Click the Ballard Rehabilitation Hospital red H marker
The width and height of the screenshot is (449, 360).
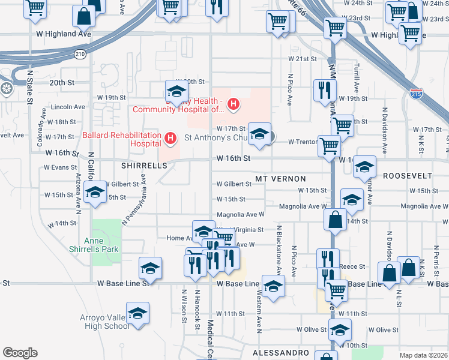click(x=170, y=139)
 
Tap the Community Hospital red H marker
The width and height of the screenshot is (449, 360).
click(x=233, y=105)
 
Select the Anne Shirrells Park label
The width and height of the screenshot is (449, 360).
click(x=101, y=244)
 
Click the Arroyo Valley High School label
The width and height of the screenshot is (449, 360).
click(x=105, y=322)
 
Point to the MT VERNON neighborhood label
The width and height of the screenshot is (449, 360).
click(x=280, y=179)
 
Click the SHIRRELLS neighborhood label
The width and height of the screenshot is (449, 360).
click(x=143, y=165)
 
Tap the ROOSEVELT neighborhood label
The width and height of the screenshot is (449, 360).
click(x=408, y=175)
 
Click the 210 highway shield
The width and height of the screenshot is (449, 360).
click(x=80, y=54)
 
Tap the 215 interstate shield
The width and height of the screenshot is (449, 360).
click(x=415, y=93)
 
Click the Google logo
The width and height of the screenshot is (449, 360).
click(x=20, y=353)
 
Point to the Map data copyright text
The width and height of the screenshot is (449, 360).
click(x=423, y=355)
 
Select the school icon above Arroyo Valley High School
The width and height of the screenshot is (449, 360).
click(x=138, y=313)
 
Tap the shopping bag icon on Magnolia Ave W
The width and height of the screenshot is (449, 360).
click(x=335, y=220)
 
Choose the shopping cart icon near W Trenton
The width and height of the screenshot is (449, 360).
click(x=329, y=145)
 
